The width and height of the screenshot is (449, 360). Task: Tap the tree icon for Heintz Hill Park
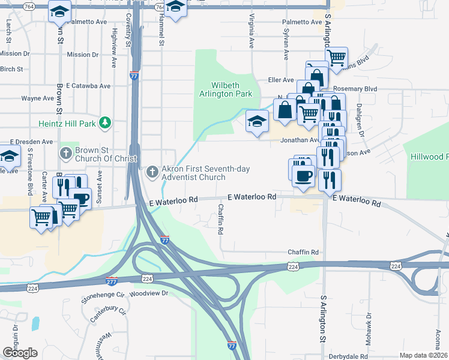[105, 123]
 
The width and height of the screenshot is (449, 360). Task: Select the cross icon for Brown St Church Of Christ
[67, 153]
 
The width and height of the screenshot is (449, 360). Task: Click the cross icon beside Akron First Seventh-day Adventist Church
[152, 172]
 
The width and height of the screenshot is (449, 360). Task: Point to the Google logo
[20, 353]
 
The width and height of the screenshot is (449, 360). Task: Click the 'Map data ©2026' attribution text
[423, 355]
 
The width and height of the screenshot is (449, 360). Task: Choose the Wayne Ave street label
[38, 98]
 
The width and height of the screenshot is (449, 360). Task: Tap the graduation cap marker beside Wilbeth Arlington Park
[257, 122]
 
